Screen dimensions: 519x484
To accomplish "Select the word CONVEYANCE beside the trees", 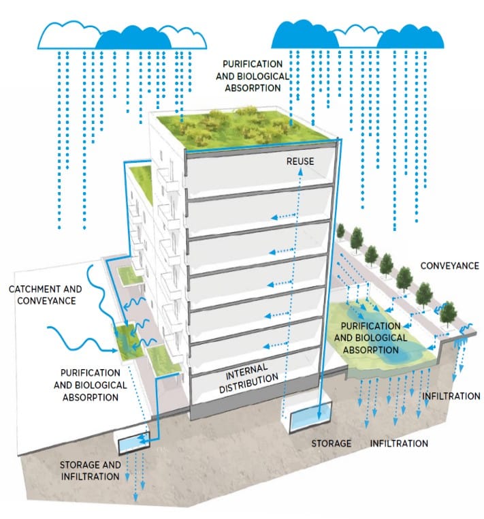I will (449, 266).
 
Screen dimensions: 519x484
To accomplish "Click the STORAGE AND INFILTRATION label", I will (90, 471).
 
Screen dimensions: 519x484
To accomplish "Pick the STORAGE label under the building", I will (332, 444).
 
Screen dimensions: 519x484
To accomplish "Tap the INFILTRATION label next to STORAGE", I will (399, 444).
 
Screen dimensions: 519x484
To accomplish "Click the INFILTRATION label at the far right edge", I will (451, 396).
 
